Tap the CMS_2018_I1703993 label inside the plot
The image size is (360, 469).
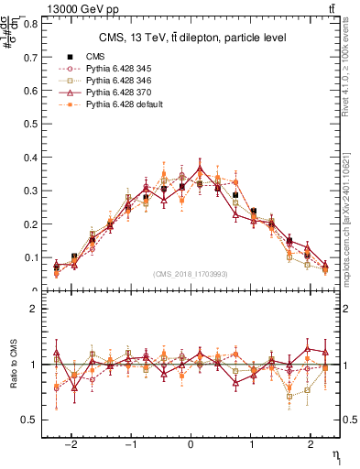click(191, 274)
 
